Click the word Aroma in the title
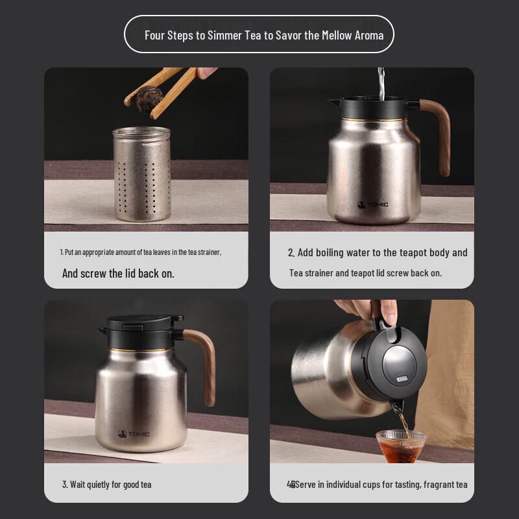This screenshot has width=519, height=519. click(369, 35)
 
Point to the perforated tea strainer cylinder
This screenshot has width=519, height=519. click(142, 174)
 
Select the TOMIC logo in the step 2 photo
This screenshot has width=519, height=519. click(372, 204)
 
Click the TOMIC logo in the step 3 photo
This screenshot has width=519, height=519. click(134, 434)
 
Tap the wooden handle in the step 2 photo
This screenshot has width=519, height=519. click(437, 135)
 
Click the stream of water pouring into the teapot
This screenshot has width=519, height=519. click(381, 84)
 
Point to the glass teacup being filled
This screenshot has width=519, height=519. click(401, 446)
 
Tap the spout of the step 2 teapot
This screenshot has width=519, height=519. click(334, 101)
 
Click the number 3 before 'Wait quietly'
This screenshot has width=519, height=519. click(64, 485)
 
